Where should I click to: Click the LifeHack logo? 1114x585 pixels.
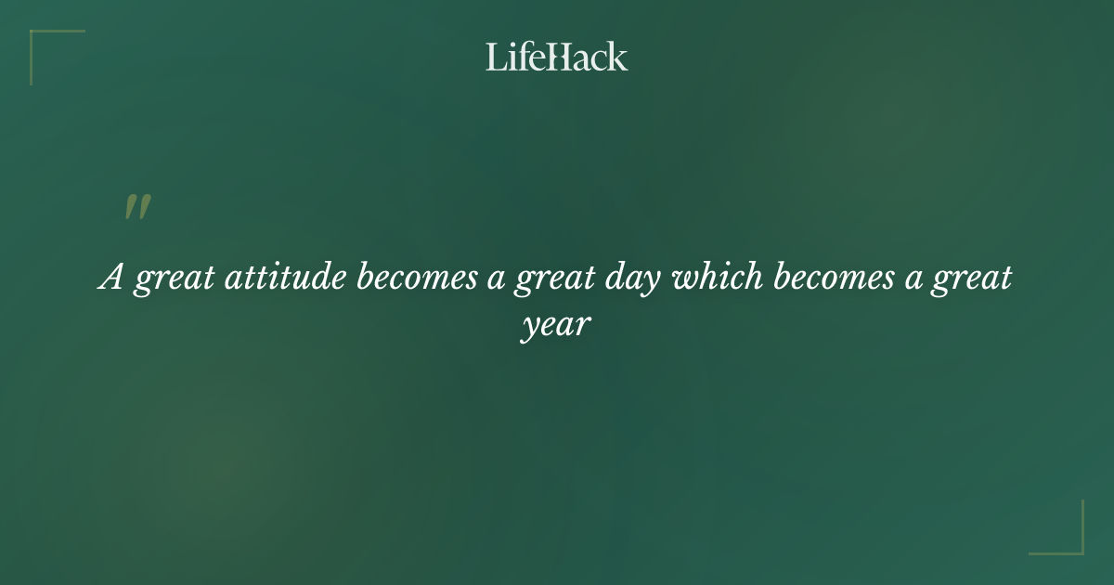557,57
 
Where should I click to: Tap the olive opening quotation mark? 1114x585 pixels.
136,208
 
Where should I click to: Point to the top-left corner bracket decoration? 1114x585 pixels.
37,37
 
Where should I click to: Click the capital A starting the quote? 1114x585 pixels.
111,279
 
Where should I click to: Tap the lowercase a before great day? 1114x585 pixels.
497,281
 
